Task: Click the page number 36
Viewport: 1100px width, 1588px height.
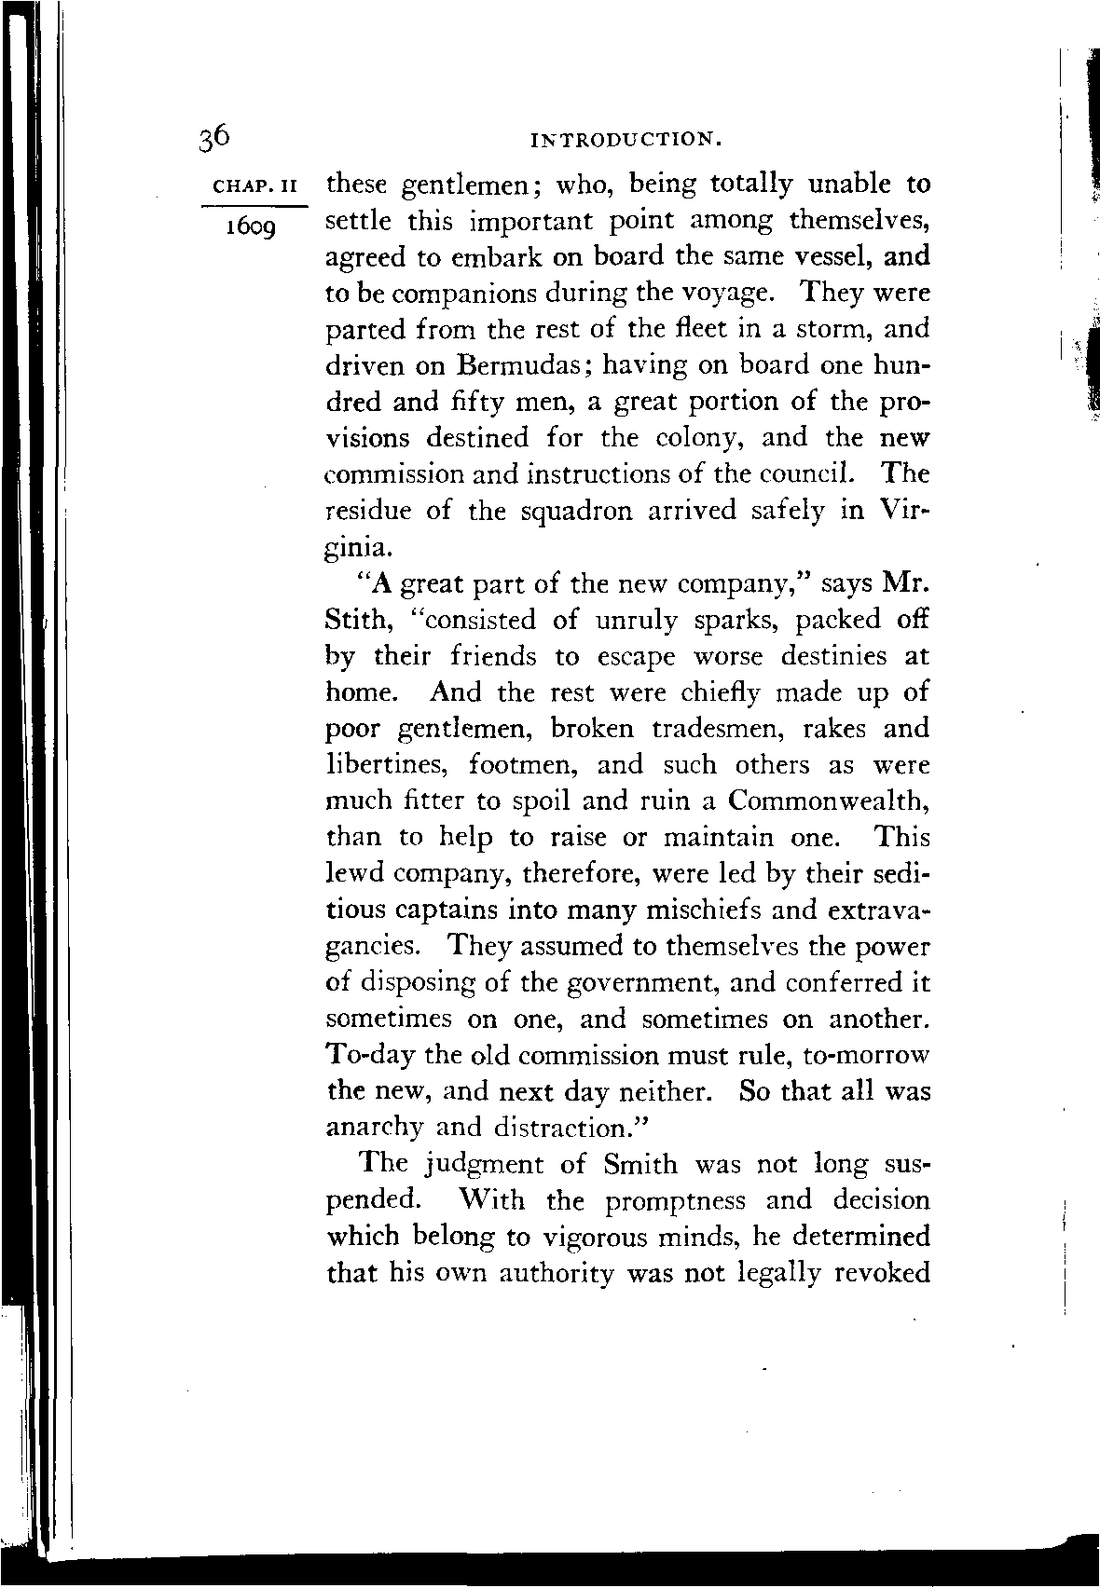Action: pyautogui.click(x=214, y=136)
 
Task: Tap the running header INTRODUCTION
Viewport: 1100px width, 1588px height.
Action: pyautogui.click(x=626, y=142)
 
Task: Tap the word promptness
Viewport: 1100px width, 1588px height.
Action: pyautogui.click(x=674, y=1201)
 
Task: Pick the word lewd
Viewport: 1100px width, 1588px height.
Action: pyautogui.click(x=353, y=874)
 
